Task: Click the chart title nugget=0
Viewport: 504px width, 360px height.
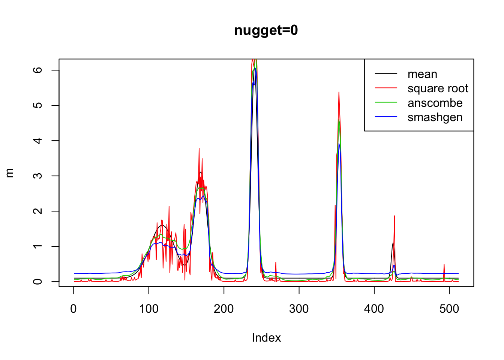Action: coord(266,30)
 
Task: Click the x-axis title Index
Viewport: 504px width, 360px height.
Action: coord(266,338)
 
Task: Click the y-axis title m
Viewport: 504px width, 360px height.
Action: coord(10,172)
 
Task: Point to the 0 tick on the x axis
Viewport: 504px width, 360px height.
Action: coord(73,309)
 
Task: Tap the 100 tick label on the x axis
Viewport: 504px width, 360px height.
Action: coord(149,309)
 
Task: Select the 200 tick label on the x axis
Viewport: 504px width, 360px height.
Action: coord(224,309)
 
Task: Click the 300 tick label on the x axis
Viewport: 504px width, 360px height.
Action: coord(299,309)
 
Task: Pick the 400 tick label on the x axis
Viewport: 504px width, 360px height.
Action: coord(374,309)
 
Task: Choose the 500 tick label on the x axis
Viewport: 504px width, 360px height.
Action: coord(449,309)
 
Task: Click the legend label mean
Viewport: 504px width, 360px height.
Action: coord(422,74)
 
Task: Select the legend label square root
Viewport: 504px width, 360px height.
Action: coord(438,88)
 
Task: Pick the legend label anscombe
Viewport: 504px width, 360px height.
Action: coord(435,103)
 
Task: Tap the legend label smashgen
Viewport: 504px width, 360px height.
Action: coord(435,117)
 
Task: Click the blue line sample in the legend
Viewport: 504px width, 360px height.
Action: coord(386,117)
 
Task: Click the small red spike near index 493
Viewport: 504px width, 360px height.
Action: coord(444,265)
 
